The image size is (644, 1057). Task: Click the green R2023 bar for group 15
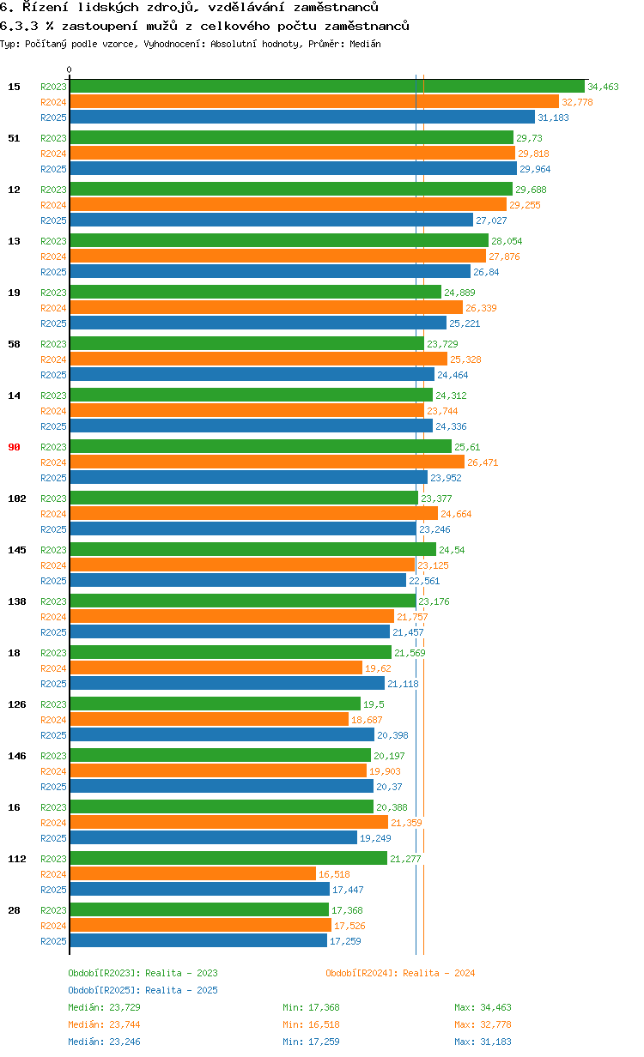pyautogui.click(x=326, y=87)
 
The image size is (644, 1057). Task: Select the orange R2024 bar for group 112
pyautogui.click(x=193, y=874)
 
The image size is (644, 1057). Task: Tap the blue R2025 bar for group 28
pyautogui.click(x=198, y=941)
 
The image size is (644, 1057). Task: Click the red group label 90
pyautogui.click(x=14, y=447)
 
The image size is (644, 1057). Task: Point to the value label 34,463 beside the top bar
pyautogui.click(x=603, y=87)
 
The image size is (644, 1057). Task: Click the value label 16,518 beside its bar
pyautogui.click(x=335, y=874)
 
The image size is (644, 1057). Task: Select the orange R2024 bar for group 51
pyautogui.click(x=292, y=154)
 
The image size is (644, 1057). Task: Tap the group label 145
pyautogui.click(x=16, y=550)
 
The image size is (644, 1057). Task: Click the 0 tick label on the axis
pyautogui.click(x=70, y=70)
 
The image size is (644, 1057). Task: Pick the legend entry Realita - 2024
pyautogui.click(x=400, y=973)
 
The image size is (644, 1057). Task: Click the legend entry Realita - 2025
pyautogui.click(x=143, y=990)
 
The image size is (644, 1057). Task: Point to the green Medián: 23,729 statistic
pyautogui.click(x=98, y=1007)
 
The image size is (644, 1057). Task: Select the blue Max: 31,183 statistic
pyautogui.click(x=483, y=1042)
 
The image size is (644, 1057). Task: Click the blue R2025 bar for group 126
pyautogui.click(x=222, y=735)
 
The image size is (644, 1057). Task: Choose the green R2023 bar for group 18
pyautogui.click(x=230, y=653)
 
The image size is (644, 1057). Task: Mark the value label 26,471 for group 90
pyautogui.click(x=483, y=462)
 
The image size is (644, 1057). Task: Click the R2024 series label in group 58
pyautogui.click(x=53, y=359)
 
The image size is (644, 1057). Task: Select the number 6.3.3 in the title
pyautogui.click(x=15, y=26)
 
